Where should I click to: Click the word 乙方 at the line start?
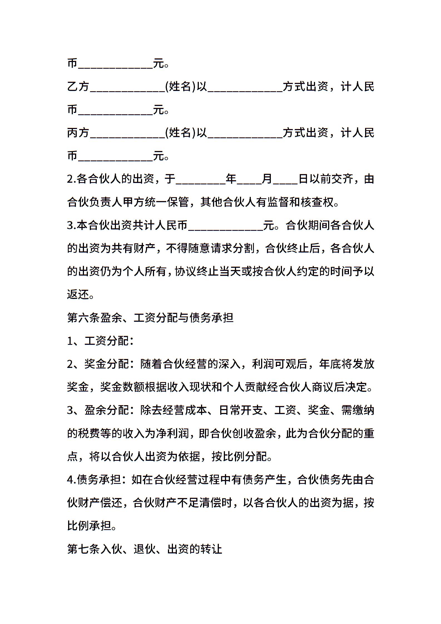coord(78,87)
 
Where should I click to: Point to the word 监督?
coord(278,202)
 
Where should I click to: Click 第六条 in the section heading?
coord(83,318)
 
